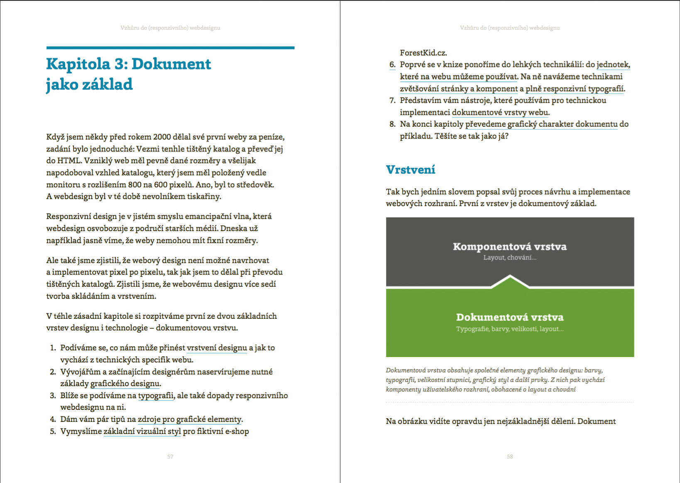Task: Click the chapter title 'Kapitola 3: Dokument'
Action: tap(128, 64)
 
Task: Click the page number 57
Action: tap(170, 456)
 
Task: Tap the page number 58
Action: tap(510, 456)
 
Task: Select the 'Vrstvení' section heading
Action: tap(411, 170)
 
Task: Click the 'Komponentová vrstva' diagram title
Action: tap(510, 246)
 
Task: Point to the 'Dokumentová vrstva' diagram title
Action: tap(510, 317)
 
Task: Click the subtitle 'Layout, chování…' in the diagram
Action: tap(510, 258)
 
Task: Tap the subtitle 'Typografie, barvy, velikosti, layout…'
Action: tap(510, 329)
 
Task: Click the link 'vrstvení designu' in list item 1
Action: tap(217, 348)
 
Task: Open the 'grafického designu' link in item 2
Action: tap(125, 384)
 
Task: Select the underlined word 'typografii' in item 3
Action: tap(156, 396)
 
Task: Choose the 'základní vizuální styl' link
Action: tap(142, 431)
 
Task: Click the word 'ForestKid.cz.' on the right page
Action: tap(423, 53)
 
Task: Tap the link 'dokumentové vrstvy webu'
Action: tap(500, 112)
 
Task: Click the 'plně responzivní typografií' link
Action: tap(575, 89)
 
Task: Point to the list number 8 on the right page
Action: tap(392, 124)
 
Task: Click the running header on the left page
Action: tap(170, 28)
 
